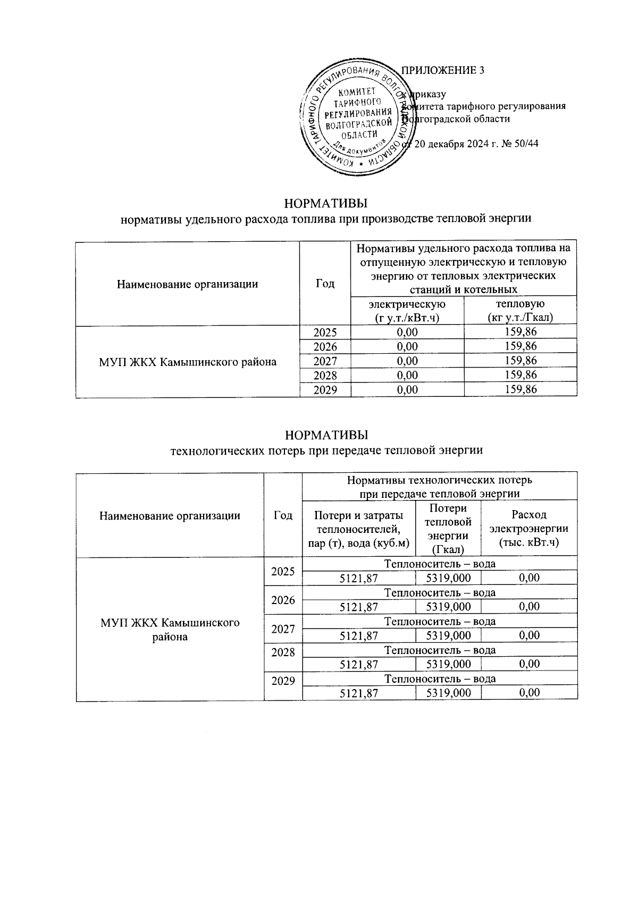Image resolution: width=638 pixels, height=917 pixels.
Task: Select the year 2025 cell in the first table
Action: pyautogui.click(x=325, y=333)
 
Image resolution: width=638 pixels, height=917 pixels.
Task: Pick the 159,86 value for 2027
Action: pyautogui.click(x=520, y=361)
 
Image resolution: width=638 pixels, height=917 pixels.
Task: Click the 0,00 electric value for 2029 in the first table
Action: pyautogui.click(x=407, y=389)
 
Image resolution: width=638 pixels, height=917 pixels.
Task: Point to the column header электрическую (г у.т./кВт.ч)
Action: pyautogui.click(x=407, y=311)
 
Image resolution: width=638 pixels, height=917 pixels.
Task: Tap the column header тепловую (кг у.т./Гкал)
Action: pyautogui.click(x=520, y=311)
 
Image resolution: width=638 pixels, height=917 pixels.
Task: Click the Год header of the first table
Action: pyautogui.click(x=325, y=284)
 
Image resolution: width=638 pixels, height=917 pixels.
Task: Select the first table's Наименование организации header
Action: pyautogui.click(x=187, y=284)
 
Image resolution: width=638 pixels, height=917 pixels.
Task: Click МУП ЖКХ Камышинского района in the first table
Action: pyautogui.click(x=187, y=362)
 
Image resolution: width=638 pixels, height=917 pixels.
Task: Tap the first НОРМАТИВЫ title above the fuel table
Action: pyautogui.click(x=326, y=204)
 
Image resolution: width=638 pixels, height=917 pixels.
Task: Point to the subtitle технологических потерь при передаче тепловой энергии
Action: pyautogui.click(x=326, y=451)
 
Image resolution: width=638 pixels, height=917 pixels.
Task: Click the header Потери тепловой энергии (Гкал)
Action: pyautogui.click(x=448, y=529)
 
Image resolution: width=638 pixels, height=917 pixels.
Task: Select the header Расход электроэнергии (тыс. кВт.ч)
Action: pyautogui.click(x=528, y=529)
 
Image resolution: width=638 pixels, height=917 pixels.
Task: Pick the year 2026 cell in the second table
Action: pyautogui.click(x=283, y=600)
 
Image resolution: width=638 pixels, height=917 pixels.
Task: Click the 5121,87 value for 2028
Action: pyautogui.click(x=359, y=664)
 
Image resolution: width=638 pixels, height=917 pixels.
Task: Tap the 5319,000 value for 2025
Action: pyautogui.click(x=448, y=578)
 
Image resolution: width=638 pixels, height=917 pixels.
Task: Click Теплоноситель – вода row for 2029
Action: pyautogui.click(x=440, y=678)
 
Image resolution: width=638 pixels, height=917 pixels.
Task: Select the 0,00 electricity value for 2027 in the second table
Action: pyautogui.click(x=529, y=635)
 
